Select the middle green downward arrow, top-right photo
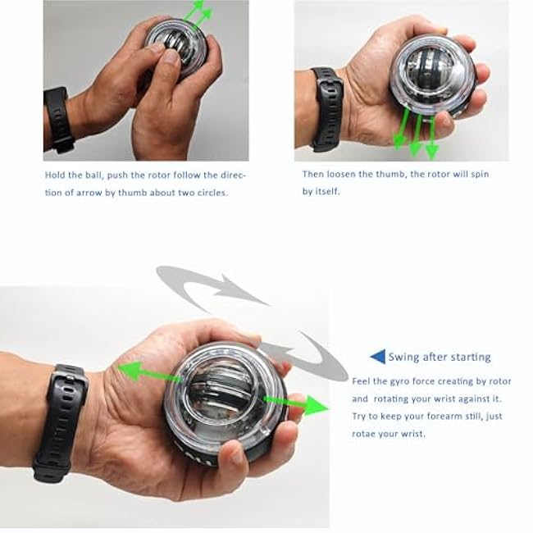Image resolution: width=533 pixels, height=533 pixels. (416, 135)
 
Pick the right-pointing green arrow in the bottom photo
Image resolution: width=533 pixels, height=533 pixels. (295, 404)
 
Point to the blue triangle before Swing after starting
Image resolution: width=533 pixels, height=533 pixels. (377, 357)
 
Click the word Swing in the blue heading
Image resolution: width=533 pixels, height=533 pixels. (404, 357)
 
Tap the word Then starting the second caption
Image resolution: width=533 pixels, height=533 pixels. (314, 175)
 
